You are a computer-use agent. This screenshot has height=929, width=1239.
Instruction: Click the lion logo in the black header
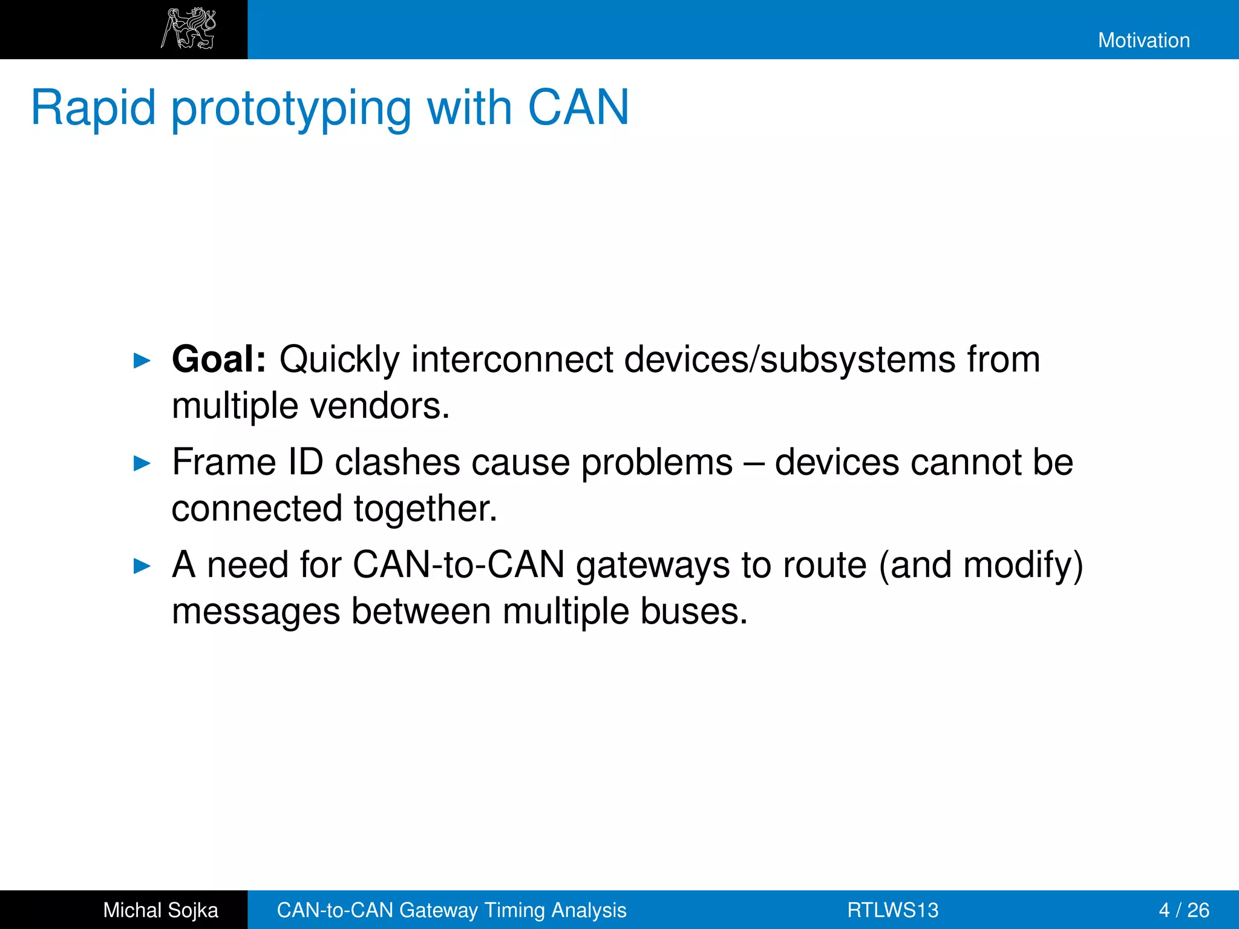click(188, 28)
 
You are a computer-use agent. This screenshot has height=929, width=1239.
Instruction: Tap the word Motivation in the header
click(1143, 41)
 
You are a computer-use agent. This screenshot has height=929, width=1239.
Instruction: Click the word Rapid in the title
click(93, 108)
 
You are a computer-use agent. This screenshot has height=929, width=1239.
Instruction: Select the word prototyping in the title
click(291, 109)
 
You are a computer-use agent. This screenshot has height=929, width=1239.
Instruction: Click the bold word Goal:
click(218, 359)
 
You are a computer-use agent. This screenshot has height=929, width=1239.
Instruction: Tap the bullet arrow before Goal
click(142, 361)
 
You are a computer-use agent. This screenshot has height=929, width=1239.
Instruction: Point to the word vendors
click(380, 406)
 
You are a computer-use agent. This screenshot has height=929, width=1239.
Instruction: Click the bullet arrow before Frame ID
click(142, 464)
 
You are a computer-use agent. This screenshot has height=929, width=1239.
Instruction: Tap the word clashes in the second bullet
click(397, 463)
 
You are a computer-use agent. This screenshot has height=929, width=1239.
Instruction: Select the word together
click(425, 509)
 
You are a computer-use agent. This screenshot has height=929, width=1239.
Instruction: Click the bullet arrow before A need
click(142, 567)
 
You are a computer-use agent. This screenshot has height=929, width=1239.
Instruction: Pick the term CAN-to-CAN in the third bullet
click(459, 565)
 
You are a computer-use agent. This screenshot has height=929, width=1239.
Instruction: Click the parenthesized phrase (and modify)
click(980, 566)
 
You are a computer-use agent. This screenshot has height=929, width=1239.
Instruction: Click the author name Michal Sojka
click(160, 910)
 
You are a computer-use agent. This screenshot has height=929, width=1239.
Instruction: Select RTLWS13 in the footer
click(892, 910)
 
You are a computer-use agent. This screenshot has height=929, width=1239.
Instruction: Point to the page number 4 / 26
click(1183, 910)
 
